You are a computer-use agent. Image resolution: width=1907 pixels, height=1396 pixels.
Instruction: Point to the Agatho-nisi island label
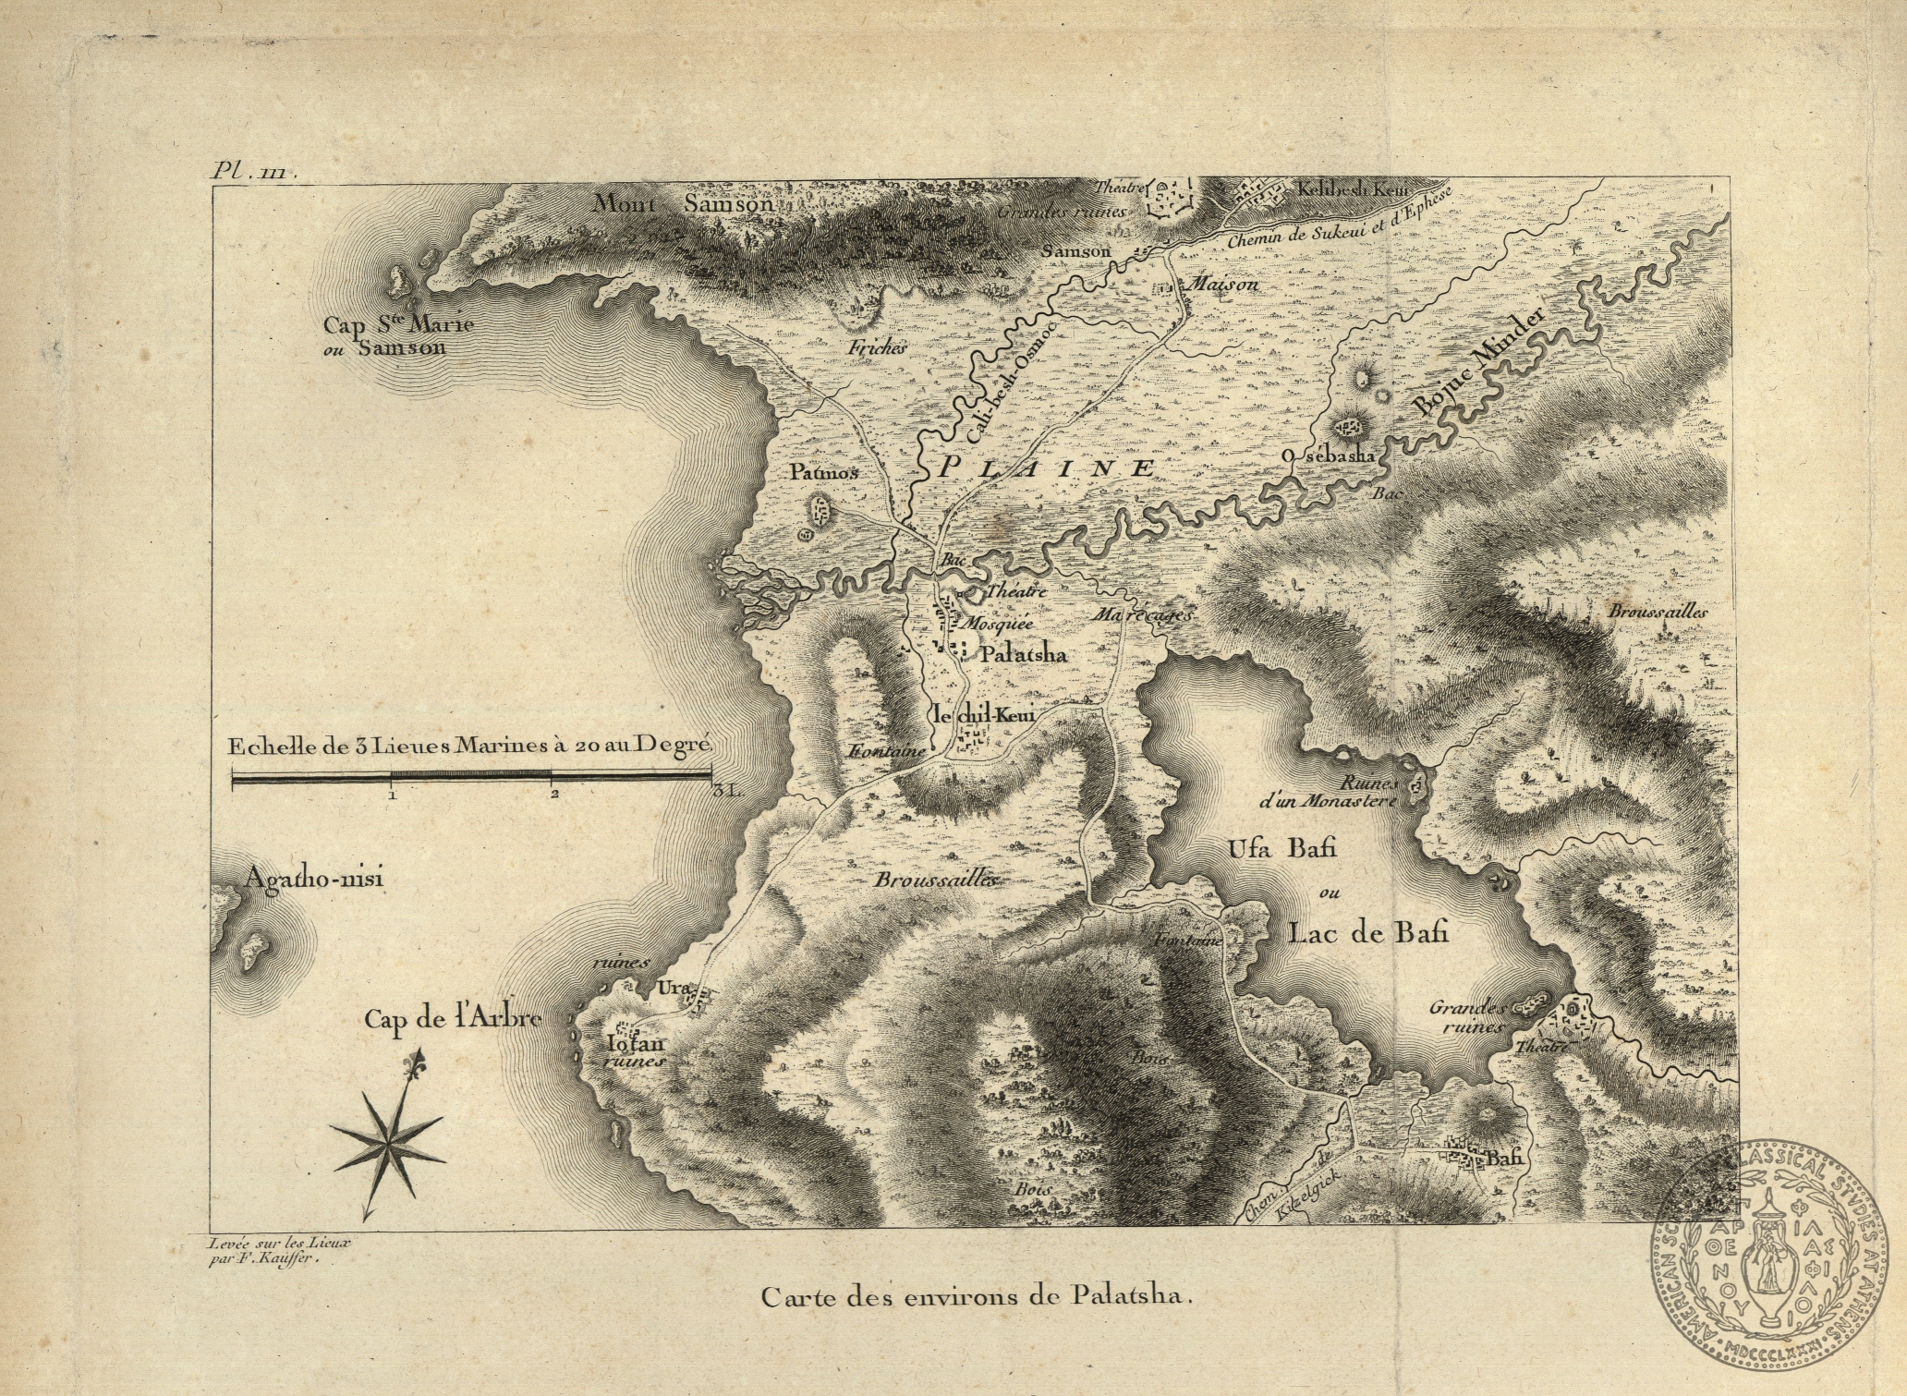tap(313, 878)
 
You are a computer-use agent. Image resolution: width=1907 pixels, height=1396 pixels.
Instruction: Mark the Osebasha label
tap(1329, 455)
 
